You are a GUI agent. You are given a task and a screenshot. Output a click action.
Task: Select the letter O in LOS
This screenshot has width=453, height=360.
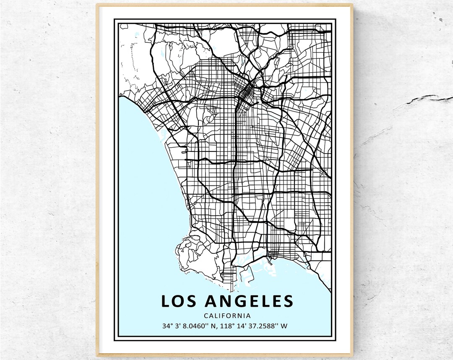(x=177, y=301)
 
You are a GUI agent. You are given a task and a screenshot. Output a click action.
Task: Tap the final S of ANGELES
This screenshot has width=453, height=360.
(x=288, y=301)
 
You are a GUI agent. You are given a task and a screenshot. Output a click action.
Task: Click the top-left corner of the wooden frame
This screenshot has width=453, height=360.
(x=97, y=5)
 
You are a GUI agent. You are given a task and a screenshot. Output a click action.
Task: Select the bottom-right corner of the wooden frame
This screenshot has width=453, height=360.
(x=352, y=355)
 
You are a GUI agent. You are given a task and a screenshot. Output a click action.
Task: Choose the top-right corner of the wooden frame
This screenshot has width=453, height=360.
(x=352, y=5)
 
